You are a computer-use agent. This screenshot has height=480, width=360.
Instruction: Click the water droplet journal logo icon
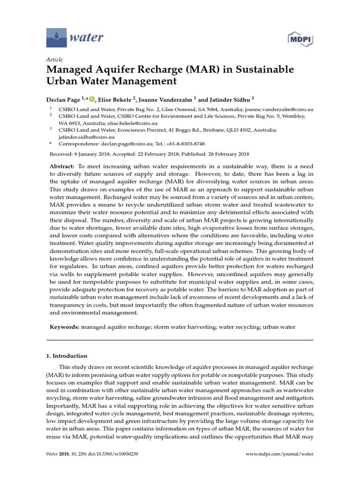click(56, 37)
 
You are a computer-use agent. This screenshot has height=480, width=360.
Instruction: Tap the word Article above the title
click(54, 60)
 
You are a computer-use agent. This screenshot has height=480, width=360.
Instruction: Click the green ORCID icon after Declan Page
click(91, 99)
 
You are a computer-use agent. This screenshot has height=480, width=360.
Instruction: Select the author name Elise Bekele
click(113, 99)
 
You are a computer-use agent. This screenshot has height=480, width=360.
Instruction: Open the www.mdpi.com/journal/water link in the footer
click(279, 454)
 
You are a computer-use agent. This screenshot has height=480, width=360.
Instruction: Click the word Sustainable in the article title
click(261, 69)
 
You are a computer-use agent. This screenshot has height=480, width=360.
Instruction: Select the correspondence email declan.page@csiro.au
click(121, 143)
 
